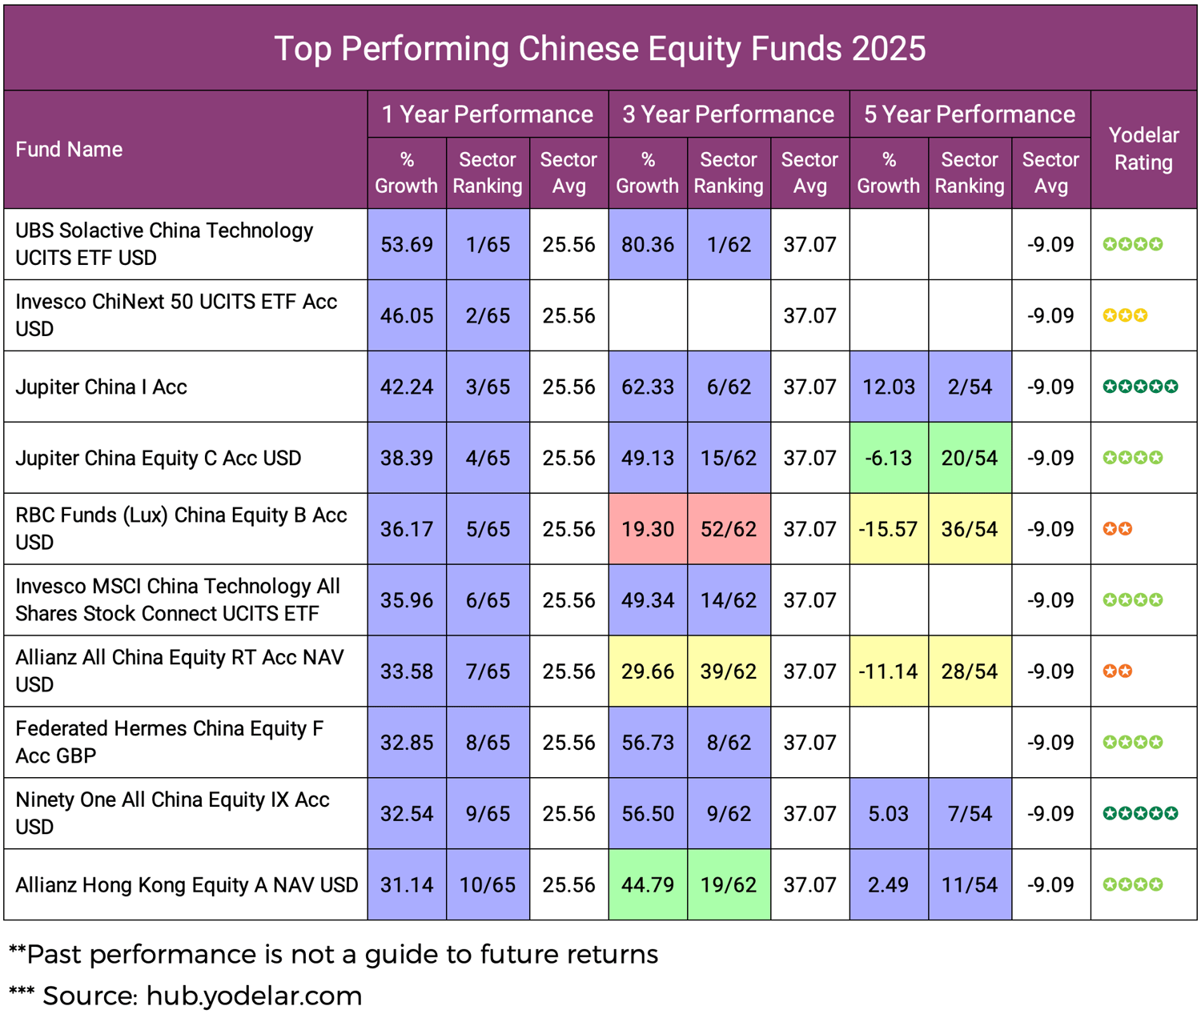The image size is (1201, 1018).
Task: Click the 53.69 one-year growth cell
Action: coord(407,244)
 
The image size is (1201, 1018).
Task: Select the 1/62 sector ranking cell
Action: coord(728,244)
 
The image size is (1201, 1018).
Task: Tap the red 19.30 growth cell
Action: coord(647,529)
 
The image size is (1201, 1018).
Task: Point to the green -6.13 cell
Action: coord(889,458)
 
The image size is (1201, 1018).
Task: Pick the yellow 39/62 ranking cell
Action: coord(728,671)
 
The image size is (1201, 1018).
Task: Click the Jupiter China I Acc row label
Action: coord(101,387)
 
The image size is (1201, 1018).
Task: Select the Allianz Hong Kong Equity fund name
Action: coord(186,885)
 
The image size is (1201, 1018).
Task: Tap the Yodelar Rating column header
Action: coord(1143,149)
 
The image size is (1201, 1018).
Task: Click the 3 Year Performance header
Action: coord(728,114)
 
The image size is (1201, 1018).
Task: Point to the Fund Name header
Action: coord(69,150)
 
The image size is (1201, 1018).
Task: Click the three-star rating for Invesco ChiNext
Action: coord(1125,315)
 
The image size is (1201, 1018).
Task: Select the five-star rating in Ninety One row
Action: coord(1140,814)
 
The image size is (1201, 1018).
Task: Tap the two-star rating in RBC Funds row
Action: coord(1117,529)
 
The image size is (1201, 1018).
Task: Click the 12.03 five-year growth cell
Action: coord(889,387)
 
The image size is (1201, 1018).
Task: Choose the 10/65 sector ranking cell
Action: coord(487,885)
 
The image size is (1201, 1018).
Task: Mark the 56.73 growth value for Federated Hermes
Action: coord(647,743)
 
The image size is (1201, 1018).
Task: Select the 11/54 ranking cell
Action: coord(969,885)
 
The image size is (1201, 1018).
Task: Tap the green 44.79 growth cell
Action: coord(647,885)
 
